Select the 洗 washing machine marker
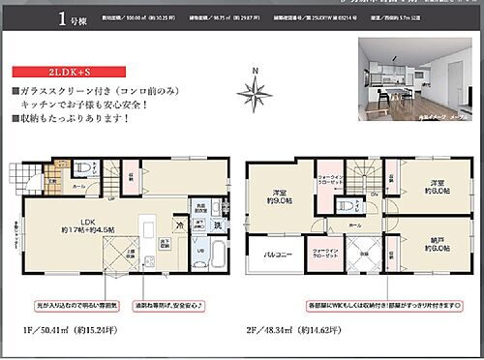pos(216,224)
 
